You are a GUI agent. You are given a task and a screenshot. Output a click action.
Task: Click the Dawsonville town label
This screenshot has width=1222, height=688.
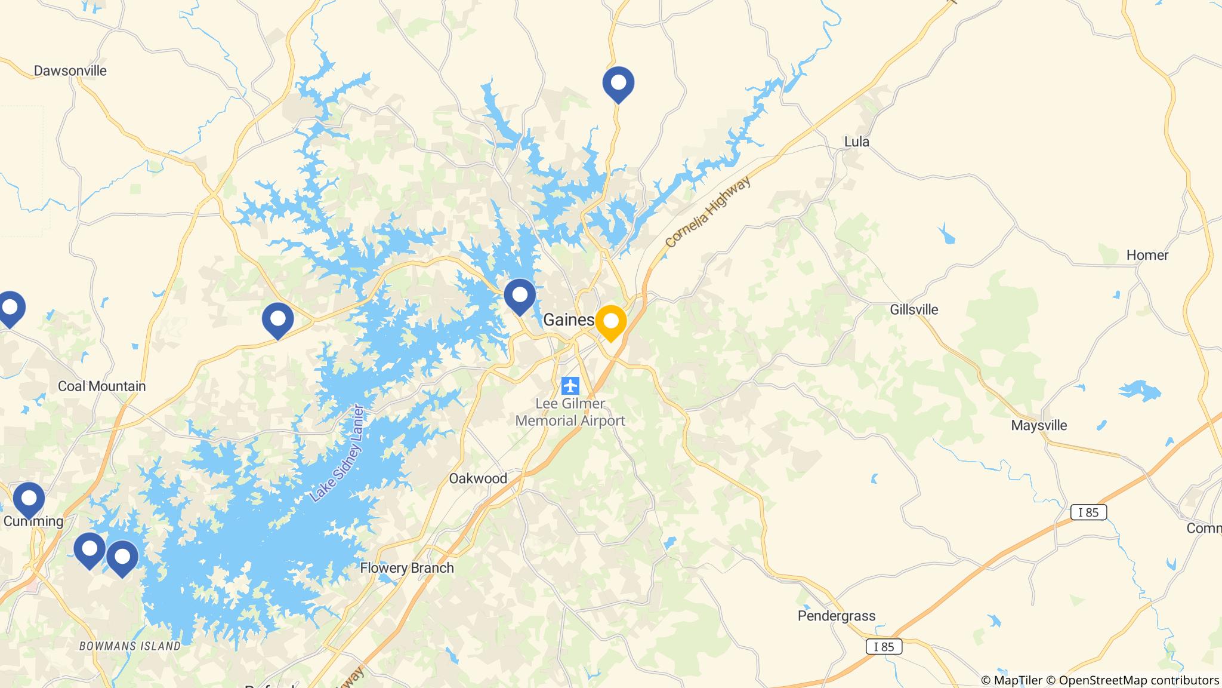click(70, 71)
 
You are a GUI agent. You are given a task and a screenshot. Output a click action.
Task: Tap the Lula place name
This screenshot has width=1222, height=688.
click(857, 142)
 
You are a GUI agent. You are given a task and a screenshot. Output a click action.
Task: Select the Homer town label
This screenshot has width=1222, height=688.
click(1147, 256)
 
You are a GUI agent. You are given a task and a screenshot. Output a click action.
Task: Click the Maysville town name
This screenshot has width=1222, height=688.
click(1039, 426)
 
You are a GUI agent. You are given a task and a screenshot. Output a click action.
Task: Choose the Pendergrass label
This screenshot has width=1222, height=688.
click(837, 616)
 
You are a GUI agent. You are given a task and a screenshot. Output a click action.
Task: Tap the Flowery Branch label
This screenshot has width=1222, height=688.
click(407, 568)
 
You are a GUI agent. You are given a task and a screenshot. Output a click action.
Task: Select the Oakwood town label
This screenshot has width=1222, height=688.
click(478, 478)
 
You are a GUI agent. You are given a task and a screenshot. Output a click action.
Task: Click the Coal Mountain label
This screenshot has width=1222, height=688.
click(101, 386)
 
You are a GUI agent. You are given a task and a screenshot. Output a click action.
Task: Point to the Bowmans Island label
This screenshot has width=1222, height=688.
click(130, 646)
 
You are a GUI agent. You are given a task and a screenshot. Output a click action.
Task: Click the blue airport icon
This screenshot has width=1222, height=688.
click(570, 385)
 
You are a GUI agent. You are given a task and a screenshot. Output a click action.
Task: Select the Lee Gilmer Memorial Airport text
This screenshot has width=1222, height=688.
click(570, 412)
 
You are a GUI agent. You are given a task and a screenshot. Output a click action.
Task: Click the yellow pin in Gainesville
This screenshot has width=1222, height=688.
click(610, 322)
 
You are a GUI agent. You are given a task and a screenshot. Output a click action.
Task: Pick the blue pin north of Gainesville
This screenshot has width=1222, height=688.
click(618, 83)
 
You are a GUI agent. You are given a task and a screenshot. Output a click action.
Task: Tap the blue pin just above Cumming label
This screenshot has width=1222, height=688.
click(29, 499)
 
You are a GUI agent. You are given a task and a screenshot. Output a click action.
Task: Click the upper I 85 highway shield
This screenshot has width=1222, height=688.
click(1088, 512)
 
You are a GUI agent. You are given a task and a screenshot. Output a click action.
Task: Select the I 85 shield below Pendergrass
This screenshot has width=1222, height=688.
click(884, 647)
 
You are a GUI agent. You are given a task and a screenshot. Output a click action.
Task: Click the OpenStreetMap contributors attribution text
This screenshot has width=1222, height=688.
click(1138, 680)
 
